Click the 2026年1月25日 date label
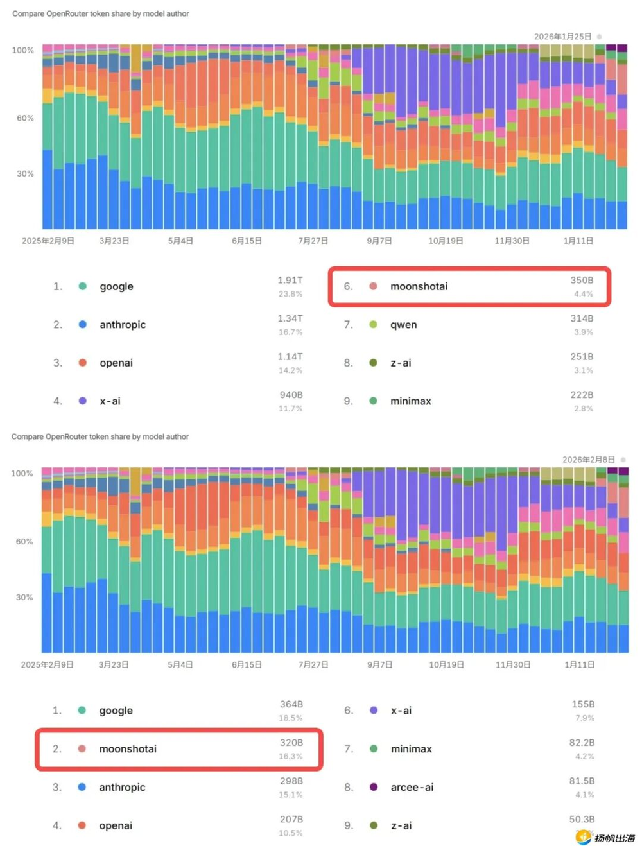(x=562, y=37)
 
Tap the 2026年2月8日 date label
(x=588, y=460)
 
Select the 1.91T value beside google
(x=290, y=280)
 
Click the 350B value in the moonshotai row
(x=582, y=280)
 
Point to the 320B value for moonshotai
(x=291, y=743)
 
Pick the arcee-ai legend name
(x=412, y=787)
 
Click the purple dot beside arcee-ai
(x=374, y=787)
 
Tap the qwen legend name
(x=404, y=325)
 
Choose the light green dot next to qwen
(x=373, y=325)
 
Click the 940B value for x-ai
(x=291, y=395)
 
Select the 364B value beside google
(x=291, y=704)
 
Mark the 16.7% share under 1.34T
(x=290, y=332)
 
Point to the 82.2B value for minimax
(x=582, y=743)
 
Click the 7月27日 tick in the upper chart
(x=313, y=241)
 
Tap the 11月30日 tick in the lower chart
(x=513, y=664)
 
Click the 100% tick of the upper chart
(x=23, y=50)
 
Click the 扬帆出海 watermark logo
(x=605, y=837)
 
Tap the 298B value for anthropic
(x=291, y=781)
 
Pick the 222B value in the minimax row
(x=582, y=395)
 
